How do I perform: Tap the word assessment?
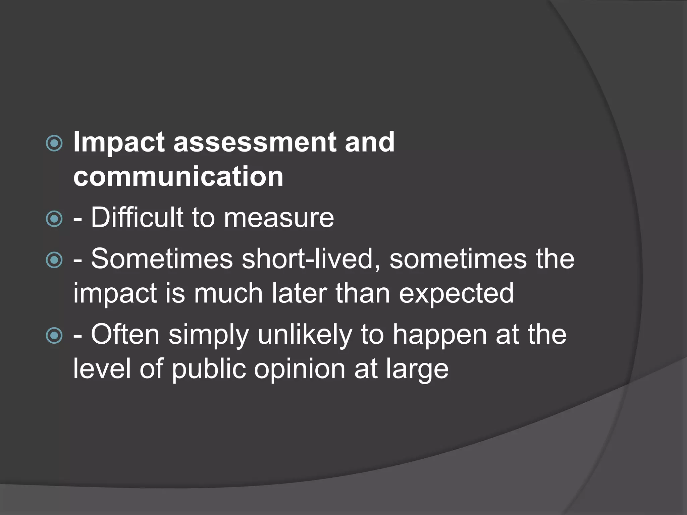click(x=255, y=142)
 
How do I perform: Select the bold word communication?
click(x=178, y=176)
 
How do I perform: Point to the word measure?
click(x=279, y=218)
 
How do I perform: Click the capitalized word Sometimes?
click(x=162, y=259)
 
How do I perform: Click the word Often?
click(x=125, y=334)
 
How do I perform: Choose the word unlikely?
click(x=305, y=335)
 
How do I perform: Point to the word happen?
click(x=439, y=335)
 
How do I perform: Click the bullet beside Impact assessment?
click(x=54, y=144)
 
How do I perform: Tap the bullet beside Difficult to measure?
click(x=54, y=219)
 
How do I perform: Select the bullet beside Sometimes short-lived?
click(x=54, y=260)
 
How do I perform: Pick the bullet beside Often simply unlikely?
click(x=54, y=336)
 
